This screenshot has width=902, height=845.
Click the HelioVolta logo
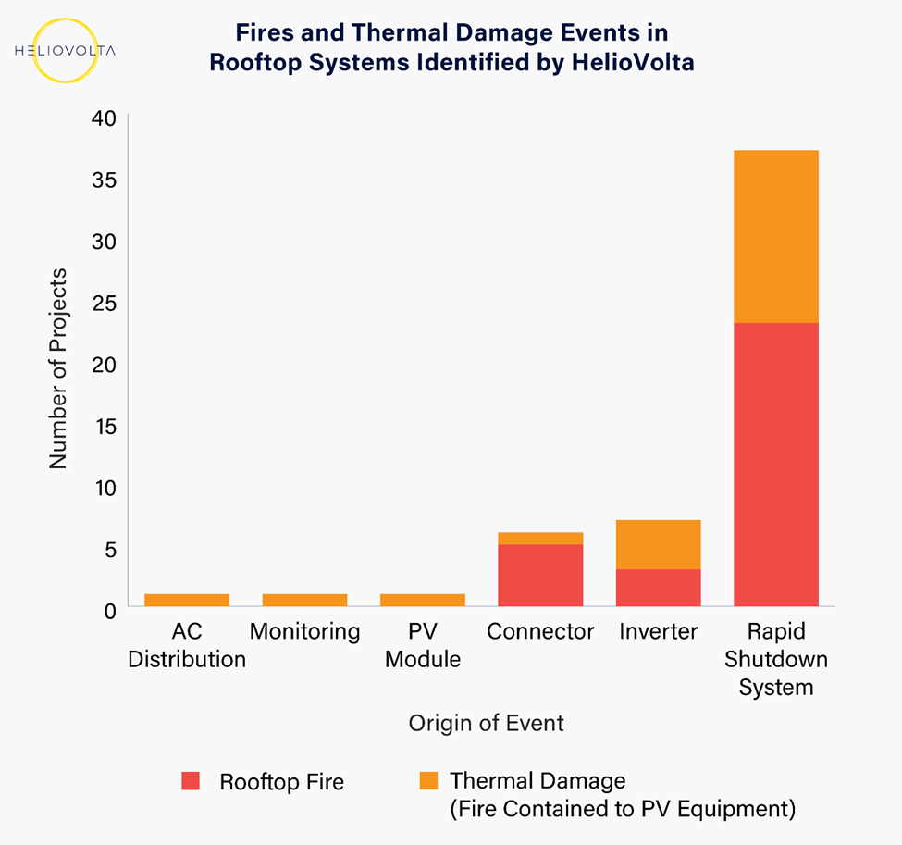[x=65, y=51]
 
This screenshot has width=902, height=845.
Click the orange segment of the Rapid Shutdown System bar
[x=776, y=237]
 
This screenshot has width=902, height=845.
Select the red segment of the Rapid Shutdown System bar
[x=776, y=465]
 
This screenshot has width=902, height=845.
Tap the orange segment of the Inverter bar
[x=658, y=544]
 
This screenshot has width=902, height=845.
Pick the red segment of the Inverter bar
[x=658, y=588]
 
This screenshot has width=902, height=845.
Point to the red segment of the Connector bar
[x=540, y=575]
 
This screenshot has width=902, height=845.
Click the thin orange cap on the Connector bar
[x=540, y=539]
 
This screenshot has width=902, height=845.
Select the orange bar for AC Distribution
[x=187, y=600]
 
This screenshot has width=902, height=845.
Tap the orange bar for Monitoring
[x=305, y=600]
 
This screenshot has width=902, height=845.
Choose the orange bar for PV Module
[x=423, y=600]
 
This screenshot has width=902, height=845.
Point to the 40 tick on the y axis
[x=105, y=118]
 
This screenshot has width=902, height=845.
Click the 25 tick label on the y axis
[x=105, y=304]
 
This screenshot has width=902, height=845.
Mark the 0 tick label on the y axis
[x=110, y=611]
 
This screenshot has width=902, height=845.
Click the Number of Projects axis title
[x=58, y=368]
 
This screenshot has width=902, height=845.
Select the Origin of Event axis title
[x=486, y=723]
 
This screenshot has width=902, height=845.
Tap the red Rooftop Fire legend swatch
[x=191, y=780]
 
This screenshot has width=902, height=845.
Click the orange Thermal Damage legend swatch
[x=428, y=780]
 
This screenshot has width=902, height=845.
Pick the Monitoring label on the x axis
[x=305, y=632]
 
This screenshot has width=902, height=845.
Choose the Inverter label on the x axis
[x=658, y=631]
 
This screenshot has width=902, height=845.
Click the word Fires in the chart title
[x=265, y=32]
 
